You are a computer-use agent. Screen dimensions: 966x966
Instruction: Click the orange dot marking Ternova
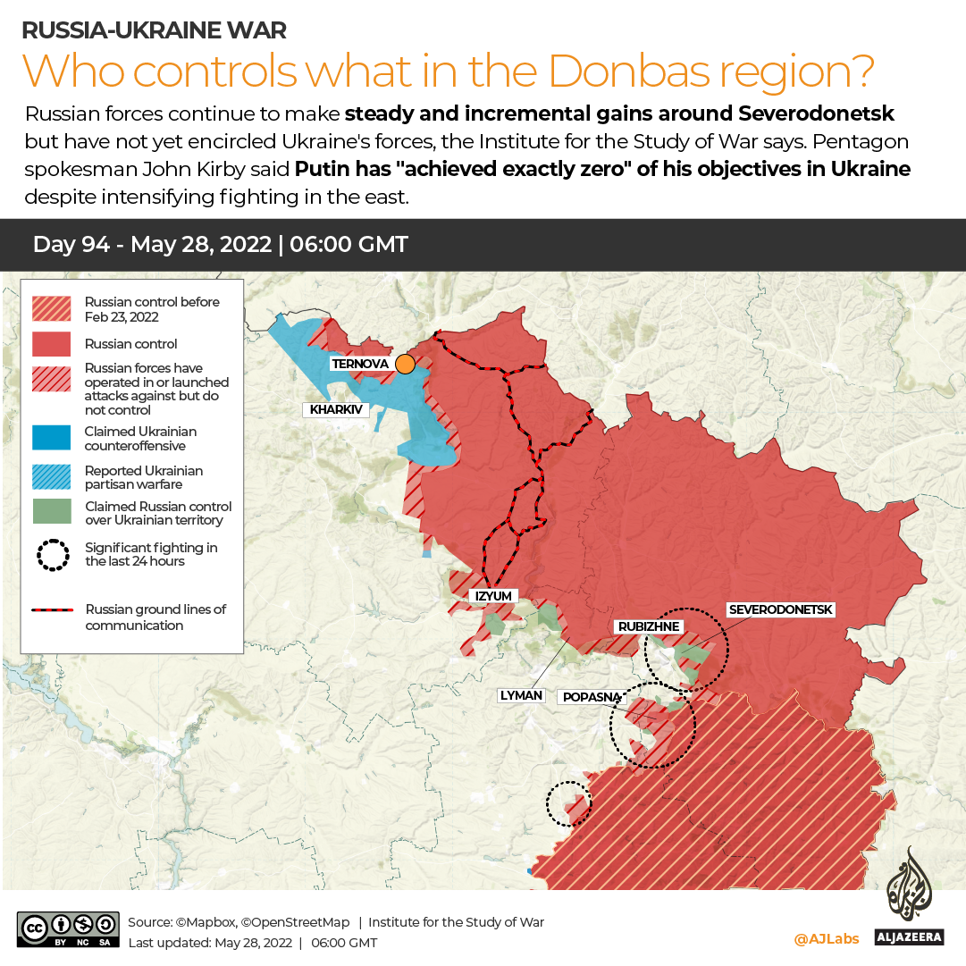(x=405, y=364)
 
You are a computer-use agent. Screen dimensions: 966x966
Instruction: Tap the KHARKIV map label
(x=336, y=410)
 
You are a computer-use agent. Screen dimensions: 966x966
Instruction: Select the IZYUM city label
(x=493, y=596)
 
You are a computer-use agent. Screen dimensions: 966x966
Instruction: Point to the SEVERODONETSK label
(x=780, y=609)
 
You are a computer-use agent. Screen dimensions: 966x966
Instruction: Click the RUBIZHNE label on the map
(x=649, y=626)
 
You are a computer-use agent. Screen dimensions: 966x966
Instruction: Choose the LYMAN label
(x=522, y=695)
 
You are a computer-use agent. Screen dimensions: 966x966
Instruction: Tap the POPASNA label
(x=590, y=697)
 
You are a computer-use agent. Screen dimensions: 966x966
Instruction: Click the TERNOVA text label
(x=359, y=364)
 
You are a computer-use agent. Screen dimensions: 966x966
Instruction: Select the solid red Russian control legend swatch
(x=52, y=344)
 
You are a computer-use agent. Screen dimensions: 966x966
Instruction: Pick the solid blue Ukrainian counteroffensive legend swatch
(x=52, y=438)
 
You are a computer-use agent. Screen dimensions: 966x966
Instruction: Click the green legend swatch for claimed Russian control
(x=52, y=512)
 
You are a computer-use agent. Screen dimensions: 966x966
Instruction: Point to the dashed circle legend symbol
(x=53, y=555)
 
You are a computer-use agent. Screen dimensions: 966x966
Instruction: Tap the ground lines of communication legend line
(x=53, y=610)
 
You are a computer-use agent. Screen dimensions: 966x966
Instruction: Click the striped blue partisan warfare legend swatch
(x=52, y=477)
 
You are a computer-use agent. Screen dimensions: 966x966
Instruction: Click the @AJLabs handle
(x=826, y=938)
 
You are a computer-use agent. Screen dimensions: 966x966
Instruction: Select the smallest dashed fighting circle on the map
(x=568, y=803)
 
